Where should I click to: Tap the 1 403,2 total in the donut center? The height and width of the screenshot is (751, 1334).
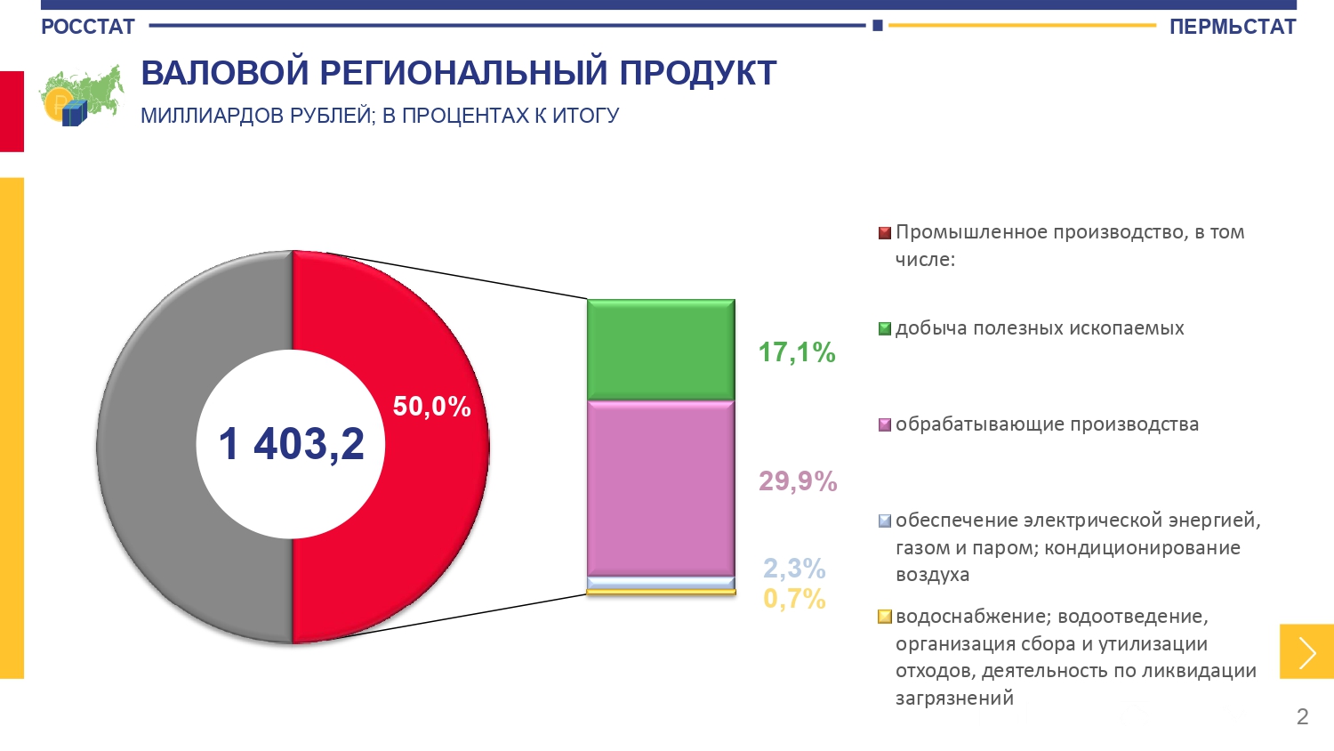click(292, 443)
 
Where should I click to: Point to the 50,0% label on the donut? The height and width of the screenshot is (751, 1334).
click(431, 407)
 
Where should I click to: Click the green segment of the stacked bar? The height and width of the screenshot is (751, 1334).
click(661, 349)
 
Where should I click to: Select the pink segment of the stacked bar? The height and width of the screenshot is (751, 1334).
click(661, 488)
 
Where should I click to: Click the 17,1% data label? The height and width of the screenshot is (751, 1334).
click(796, 352)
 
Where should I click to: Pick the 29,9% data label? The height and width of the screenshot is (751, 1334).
click(798, 481)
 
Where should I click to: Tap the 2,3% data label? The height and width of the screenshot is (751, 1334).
click(794, 568)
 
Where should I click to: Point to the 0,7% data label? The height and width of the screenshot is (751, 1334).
click(794, 599)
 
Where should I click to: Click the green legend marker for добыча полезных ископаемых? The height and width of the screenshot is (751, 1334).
click(884, 329)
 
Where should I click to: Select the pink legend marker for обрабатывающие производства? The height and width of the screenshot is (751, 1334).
click(884, 425)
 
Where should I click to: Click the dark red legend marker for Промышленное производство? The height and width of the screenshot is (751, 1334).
click(884, 233)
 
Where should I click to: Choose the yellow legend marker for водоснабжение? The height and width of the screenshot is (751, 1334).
click(884, 617)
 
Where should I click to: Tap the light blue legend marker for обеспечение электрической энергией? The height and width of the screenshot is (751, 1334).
click(884, 521)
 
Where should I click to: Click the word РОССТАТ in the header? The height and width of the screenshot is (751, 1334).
click(87, 27)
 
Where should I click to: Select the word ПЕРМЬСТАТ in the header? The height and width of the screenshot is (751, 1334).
click(1232, 27)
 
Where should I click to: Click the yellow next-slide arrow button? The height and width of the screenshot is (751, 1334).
click(1306, 652)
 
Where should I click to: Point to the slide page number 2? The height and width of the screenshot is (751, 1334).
click(1302, 716)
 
